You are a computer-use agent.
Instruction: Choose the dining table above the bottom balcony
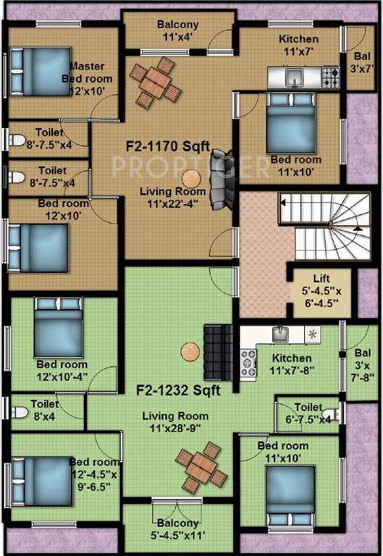tap(198, 466)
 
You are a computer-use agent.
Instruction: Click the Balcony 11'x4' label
tap(177, 30)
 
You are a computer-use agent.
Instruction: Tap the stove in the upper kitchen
tap(330, 74)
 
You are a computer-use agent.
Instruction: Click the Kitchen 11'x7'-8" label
tap(292, 364)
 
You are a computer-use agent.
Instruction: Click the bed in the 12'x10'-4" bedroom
tap(58, 328)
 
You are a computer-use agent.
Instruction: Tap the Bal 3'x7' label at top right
tap(358, 62)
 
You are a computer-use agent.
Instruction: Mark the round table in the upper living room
tap(191, 178)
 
